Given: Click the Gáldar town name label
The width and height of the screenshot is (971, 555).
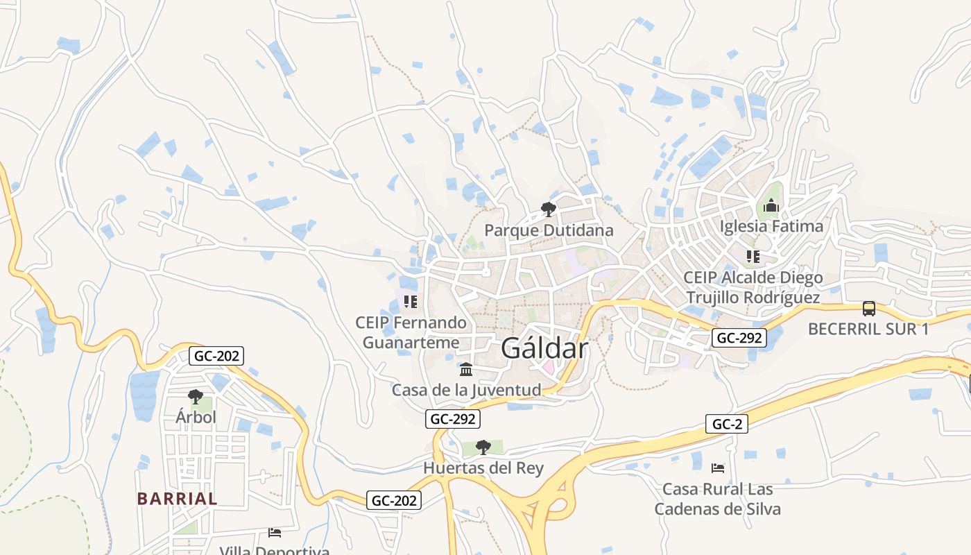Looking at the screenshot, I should click(544, 348).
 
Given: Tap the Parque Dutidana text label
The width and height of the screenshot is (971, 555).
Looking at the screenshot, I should click(549, 230).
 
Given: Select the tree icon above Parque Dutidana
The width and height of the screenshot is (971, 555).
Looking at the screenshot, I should click(549, 208).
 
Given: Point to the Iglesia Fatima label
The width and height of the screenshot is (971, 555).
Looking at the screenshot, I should click(771, 226).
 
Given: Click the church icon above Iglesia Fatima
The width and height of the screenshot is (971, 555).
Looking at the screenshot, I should click(771, 205).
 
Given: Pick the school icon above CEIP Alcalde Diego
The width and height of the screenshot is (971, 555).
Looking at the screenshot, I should click(753, 257).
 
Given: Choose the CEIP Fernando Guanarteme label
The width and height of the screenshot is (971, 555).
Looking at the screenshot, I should click(411, 332).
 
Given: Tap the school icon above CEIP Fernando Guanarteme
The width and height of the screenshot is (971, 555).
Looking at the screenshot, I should click(411, 302).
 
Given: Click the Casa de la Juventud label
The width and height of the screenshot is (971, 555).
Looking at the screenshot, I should click(466, 390).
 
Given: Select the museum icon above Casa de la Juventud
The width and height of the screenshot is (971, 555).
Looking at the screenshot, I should click(466, 368).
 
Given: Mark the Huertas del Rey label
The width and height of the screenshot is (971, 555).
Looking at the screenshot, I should click(483, 468).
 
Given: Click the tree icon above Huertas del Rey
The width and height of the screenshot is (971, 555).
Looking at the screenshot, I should click(483, 447).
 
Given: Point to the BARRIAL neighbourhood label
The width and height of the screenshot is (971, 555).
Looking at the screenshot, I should click(177, 498).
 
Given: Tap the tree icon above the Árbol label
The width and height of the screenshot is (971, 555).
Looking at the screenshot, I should click(196, 397).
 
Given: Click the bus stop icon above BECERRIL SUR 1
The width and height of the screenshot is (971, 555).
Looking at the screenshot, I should click(868, 308).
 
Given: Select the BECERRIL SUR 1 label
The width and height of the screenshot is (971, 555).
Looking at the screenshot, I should click(868, 329).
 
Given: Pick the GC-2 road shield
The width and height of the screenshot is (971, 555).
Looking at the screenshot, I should click(727, 424).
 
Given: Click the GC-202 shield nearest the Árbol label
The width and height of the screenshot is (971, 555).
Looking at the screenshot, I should click(216, 356).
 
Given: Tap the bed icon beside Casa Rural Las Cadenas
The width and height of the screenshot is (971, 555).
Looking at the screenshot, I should click(718, 468).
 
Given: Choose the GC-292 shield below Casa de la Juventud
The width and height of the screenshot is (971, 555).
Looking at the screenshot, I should click(452, 418).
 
